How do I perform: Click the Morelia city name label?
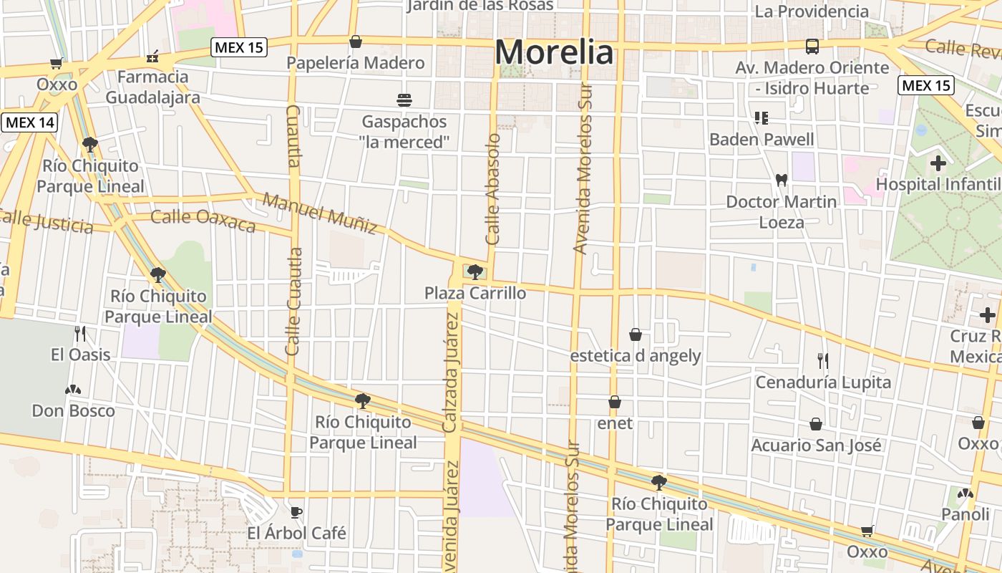[555, 52]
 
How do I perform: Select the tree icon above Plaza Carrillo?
[474, 271]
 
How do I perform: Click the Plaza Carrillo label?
[475, 293]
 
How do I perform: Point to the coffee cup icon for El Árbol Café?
[296, 511]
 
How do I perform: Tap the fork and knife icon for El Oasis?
[80, 333]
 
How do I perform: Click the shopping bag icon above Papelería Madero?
[355, 42]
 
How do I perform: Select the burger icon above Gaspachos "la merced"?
[404, 100]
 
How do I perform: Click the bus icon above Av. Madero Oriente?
[812, 47]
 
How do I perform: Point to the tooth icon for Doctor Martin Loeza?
[781, 180]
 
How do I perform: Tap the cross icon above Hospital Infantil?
[938, 163]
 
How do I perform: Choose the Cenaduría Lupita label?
[823, 382]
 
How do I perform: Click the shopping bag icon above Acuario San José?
[816, 425]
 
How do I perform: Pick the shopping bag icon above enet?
[614, 403]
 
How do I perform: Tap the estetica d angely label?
[636, 356]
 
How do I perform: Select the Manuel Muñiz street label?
[320, 213]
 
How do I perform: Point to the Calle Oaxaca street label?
[203, 221]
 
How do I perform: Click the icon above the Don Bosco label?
[73, 390]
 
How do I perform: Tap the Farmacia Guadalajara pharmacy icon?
[152, 57]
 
